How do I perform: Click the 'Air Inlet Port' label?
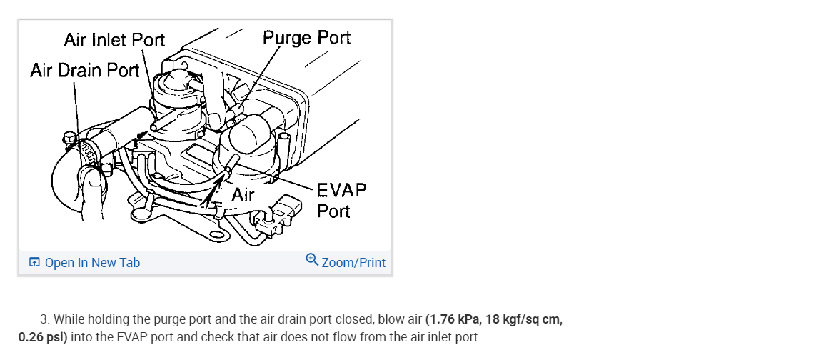pyautogui.click(x=114, y=39)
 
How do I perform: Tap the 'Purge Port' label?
pyautogui.click(x=306, y=37)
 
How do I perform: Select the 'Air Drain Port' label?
pyautogui.click(x=84, y=70)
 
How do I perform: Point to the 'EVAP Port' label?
pyautogui.click(x=341, y=201)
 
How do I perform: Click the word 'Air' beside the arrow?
pyautogui.click(x=243, y=194)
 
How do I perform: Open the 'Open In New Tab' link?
pyautogui.click(x=92, y=263)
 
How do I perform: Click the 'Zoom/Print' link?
pyautogui.click(x=353, y=263)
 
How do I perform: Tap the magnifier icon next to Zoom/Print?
pyautogui.click(x=312, y=261)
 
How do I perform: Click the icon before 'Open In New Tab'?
pyautogui.click(x=34, y=263)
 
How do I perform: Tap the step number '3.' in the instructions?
pyautogui.click(x=45, y=319)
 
